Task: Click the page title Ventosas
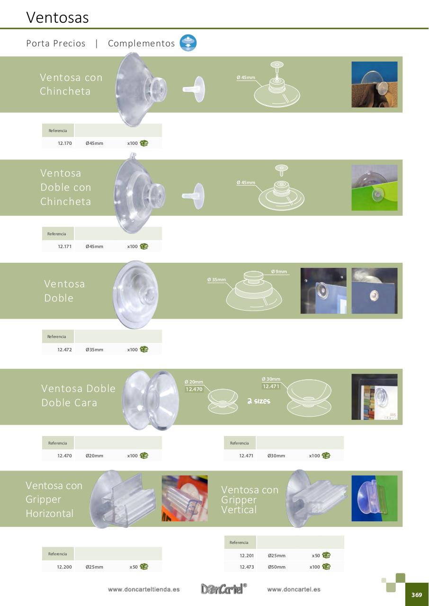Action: tap(57, 18)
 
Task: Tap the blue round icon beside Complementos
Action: tap(188, 43)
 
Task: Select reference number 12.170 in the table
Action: tap(65, 143)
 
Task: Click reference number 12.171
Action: tap(65, 247)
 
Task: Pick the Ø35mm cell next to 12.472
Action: tap(94, 349)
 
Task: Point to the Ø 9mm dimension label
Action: tap(279, 271)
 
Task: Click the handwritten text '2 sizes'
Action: tap(259, 401)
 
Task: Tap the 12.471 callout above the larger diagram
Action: tap(271, 386)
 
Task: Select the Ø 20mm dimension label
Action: tap(194, 382)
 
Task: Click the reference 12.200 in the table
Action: tap(64, 567)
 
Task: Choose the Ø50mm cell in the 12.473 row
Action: tap(277, 567)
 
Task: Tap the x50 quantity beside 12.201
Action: tap(316, 556)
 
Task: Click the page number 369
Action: tap(417, 595)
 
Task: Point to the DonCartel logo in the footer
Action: tap(223, 588)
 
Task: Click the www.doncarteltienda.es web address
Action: tap(143, 589)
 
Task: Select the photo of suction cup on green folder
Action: tap(375, 187)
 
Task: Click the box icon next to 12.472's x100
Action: tap(144, 349)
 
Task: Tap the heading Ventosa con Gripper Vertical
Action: tap(250, 499)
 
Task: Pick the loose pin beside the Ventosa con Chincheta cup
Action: tap(194, 89)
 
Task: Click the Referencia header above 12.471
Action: tap(239, 443)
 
